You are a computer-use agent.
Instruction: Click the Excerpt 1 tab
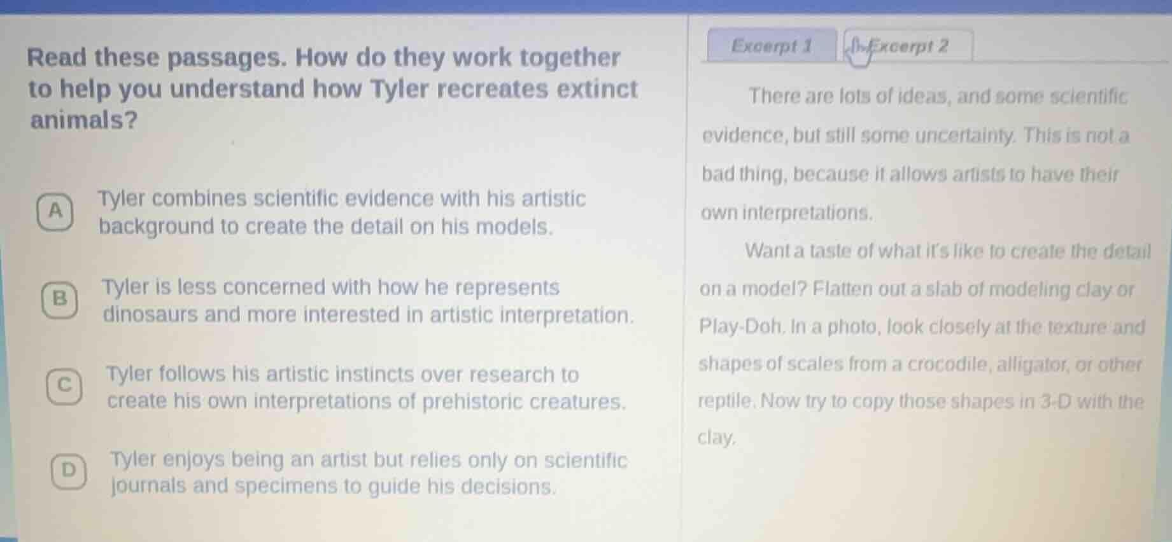pyautogui.click(x=772, y=46)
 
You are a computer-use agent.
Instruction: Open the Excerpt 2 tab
pyautogui.click(x=908, y=46)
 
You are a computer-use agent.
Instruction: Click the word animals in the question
pyautogui.click(x=84, y=120)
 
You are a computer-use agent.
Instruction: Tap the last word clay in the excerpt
pyautogui.click(x=717, y=438)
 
